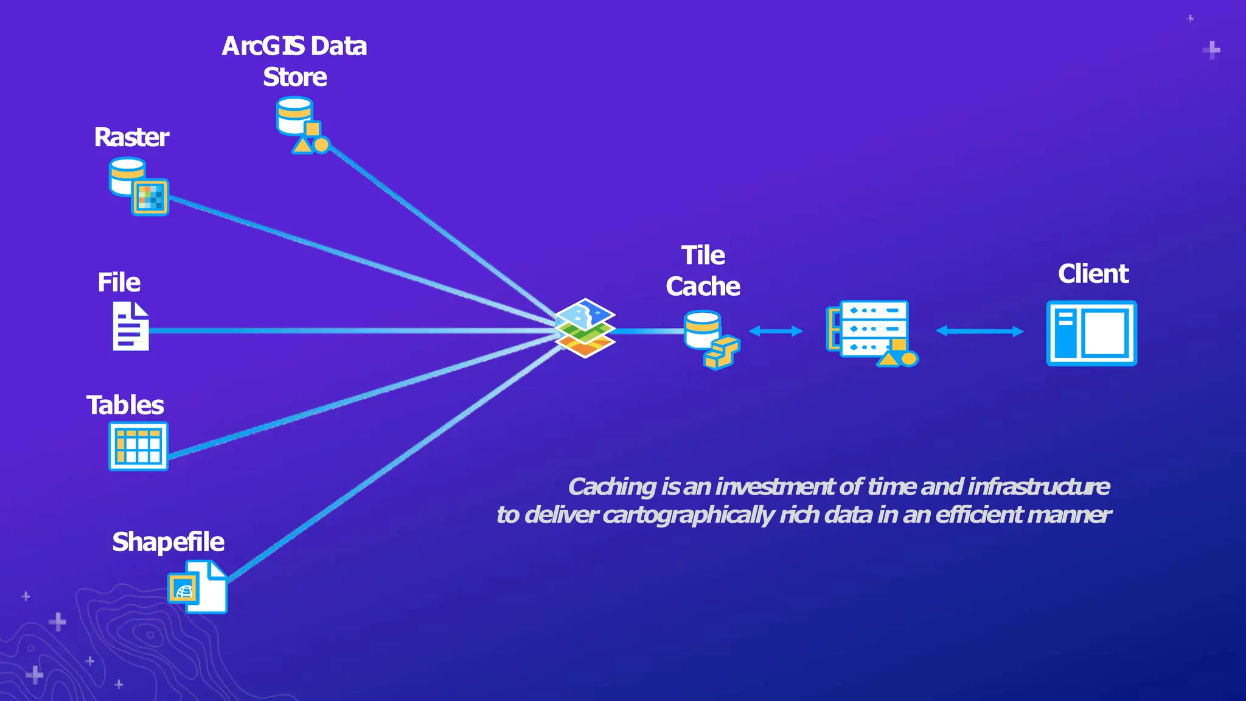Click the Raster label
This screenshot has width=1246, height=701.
pos(131,138)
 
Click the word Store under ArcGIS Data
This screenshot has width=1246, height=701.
pos(294,77)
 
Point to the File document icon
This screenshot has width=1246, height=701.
pos(130,326)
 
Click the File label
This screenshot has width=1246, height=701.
pos(119,282)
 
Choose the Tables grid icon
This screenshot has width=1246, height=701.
pos(138,446)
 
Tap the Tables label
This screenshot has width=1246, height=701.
pos(125,405)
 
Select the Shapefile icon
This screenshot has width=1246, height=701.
pos(198,587)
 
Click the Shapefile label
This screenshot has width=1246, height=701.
pos(169,542)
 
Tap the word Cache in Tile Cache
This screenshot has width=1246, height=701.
pos(703,287)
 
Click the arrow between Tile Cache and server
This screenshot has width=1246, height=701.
pos(776,331)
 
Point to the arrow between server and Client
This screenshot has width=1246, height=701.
pos(980,331)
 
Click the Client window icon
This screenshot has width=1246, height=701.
pos(1091,333)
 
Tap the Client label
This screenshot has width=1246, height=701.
pos(1093,274)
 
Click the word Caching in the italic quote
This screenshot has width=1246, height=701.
pos(612,487)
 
